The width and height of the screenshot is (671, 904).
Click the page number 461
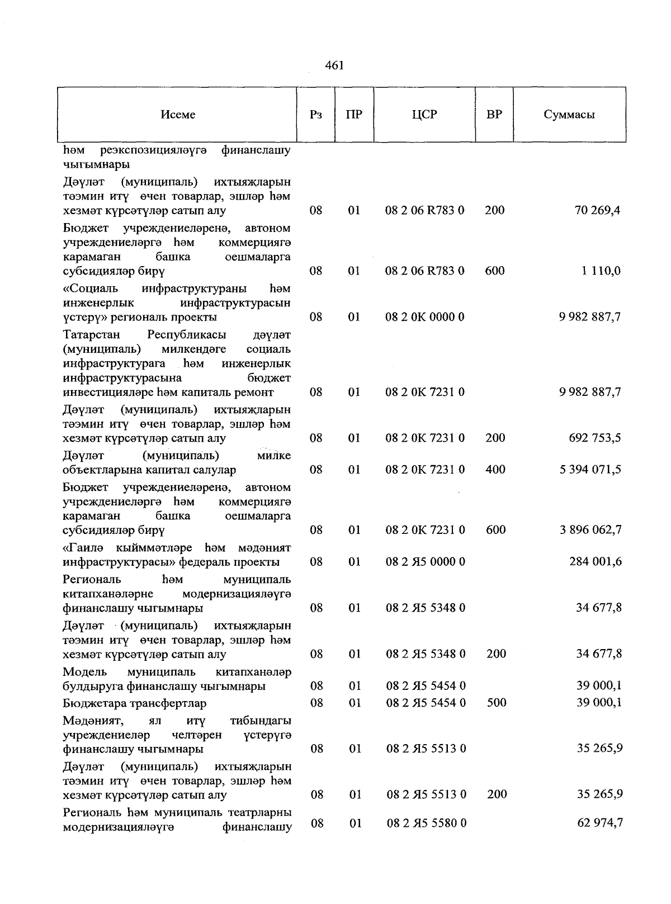tap(334, 65)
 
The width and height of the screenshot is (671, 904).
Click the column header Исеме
tap(178, 115)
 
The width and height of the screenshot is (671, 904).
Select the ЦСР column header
tap(424, 115)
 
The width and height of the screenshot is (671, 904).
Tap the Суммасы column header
tap(569, 115)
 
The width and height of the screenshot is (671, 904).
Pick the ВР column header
tap(494, 115)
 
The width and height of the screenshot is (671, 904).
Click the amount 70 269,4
tap(598, 211)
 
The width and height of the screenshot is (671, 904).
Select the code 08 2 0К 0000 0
tap(425, 317)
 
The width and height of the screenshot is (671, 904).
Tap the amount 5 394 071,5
tap(590, 470)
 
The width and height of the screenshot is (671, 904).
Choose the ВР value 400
tap(495, 470)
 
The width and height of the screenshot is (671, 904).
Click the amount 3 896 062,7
tap(590, 530)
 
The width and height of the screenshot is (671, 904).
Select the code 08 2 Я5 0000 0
tap(426, 562)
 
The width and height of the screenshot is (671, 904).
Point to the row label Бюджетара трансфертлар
tap(135, 703)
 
